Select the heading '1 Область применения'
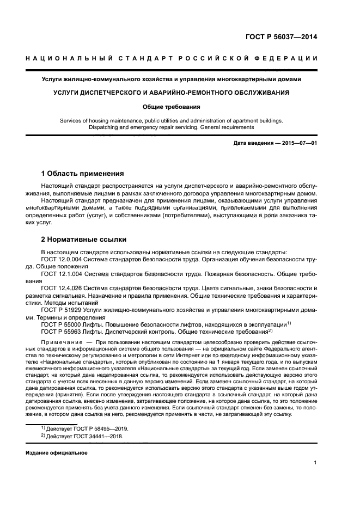coord(83,174)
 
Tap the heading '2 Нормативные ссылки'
coord(84,238)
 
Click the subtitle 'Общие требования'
coord(179,107)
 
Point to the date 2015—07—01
coord(298,143)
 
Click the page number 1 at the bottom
coord(315,463)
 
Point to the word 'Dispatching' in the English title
coord(105,127)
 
